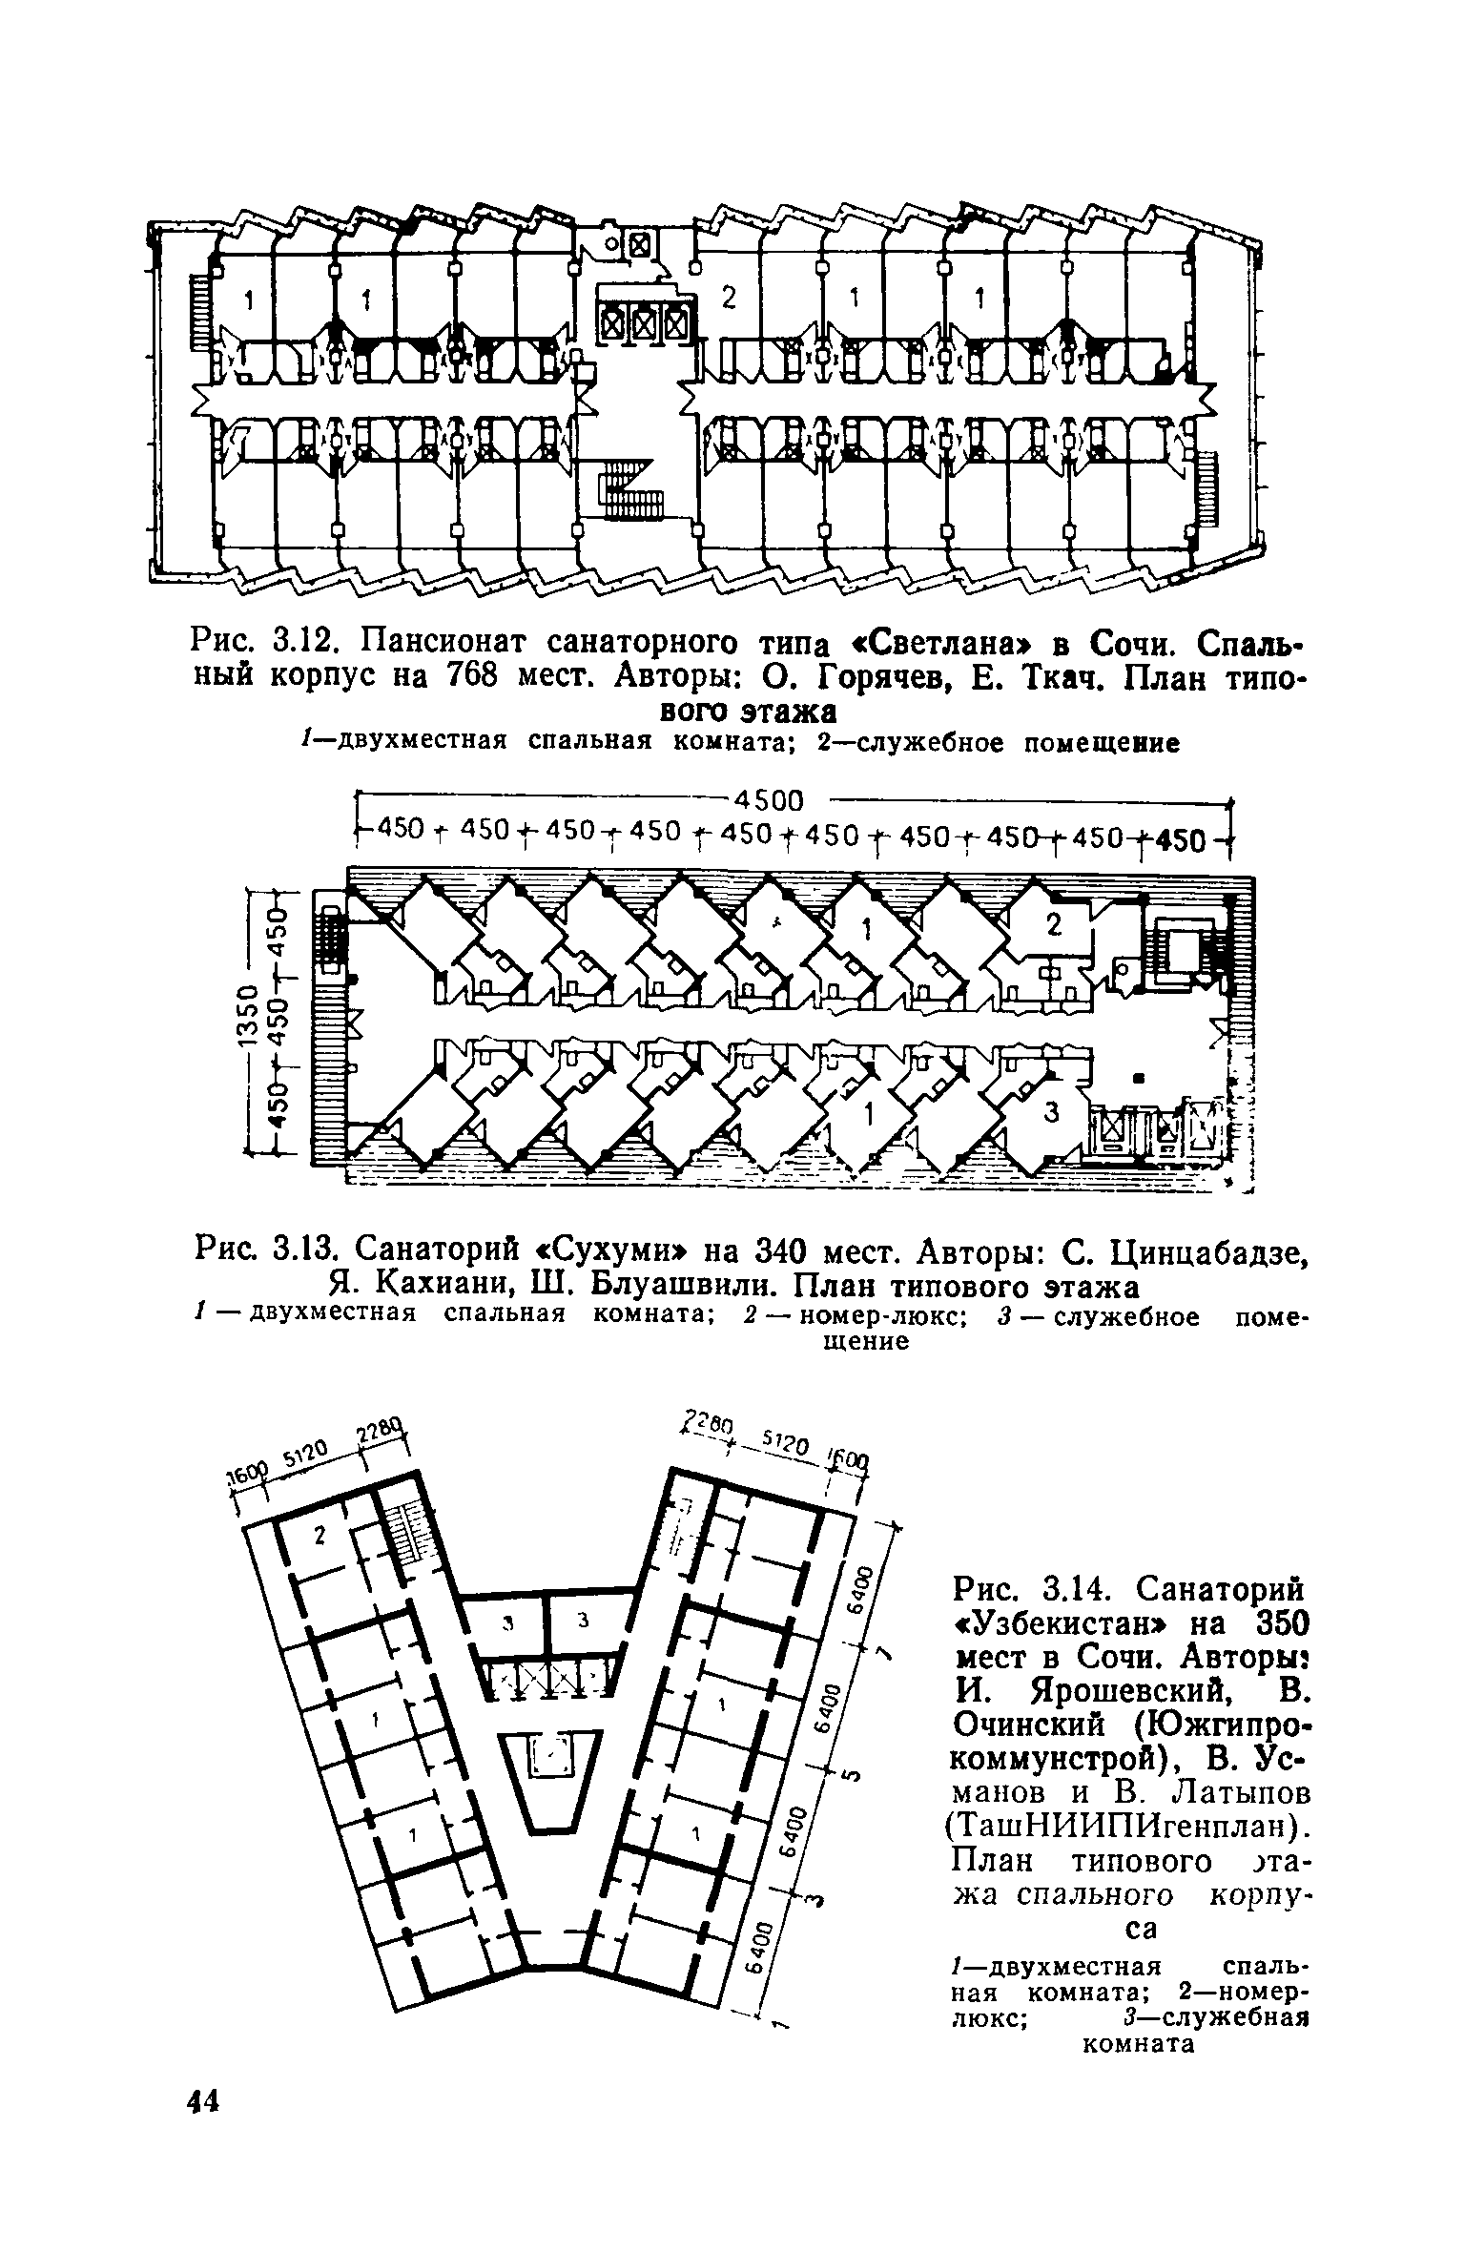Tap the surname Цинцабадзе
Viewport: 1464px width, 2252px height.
point(1192,1249)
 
